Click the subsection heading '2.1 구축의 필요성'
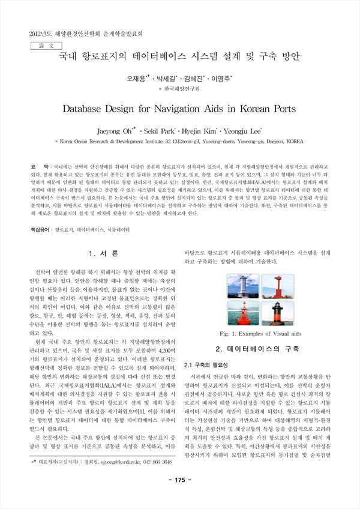(x=208, y=364)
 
